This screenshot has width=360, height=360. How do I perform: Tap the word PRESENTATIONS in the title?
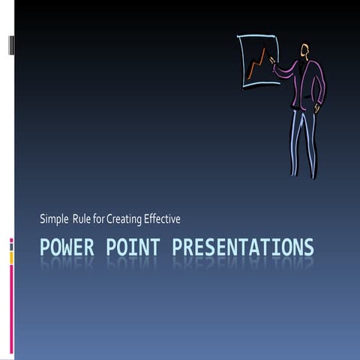[242, 247]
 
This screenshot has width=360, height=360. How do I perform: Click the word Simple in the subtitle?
[54, 219]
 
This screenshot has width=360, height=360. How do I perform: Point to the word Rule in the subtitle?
[82, 218]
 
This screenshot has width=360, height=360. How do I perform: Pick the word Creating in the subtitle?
[124, 219]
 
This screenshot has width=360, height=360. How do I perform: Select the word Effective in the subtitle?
[162, 218]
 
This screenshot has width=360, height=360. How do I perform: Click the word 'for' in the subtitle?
[99, 218]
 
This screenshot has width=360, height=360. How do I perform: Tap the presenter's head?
[305, 50]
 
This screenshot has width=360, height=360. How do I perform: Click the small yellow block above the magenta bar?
[11, 257]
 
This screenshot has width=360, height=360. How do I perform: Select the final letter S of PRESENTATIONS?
[309, 247]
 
